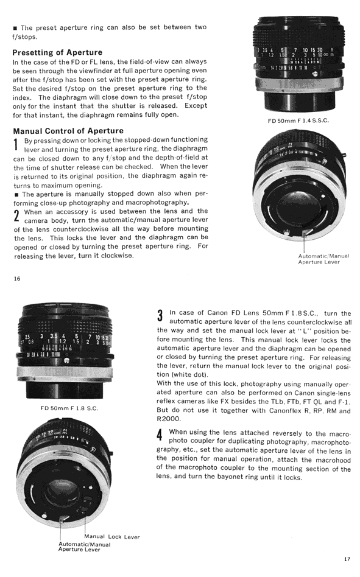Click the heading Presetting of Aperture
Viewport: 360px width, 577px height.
(57, 52)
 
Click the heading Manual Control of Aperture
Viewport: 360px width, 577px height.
(68, 131)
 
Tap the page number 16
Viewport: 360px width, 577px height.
(17, 279)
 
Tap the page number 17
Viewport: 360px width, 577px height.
(347, 559)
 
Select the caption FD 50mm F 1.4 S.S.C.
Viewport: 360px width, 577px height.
(298, 121)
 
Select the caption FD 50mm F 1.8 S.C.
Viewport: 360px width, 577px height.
(69, 408)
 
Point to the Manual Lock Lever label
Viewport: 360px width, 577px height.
(112, 537)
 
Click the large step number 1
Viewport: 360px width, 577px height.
(16, 144)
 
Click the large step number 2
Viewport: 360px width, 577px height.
(16, 216)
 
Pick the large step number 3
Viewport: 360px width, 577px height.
(160, 316)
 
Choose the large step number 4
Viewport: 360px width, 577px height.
(160, 435)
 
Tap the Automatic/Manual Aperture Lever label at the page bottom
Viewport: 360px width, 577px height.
(84, 547)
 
